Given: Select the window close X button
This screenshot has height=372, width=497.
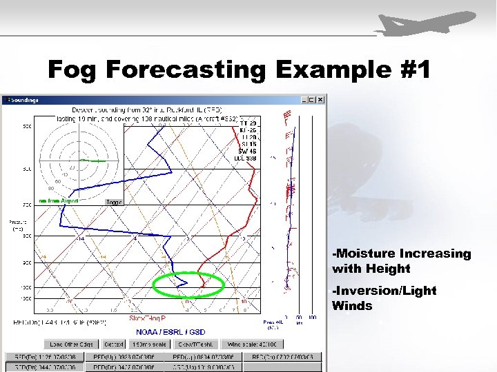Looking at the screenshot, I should click(x=320, y=100).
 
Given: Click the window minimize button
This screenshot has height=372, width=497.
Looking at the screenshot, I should click(x=304, y=100).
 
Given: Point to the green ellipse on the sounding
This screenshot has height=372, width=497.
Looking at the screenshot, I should click(x=188, y=284).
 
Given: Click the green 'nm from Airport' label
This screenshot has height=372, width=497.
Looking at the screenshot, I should click(x=58, y=200).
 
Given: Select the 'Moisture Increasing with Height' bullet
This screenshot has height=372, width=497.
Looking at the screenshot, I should click(x=401, y=261).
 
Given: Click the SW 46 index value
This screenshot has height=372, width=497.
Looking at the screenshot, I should click(x=247, y=150).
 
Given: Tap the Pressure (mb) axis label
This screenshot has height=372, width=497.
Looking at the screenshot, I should click(x=17, y=225).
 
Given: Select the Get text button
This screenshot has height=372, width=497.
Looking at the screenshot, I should click(x=110, y=344).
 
